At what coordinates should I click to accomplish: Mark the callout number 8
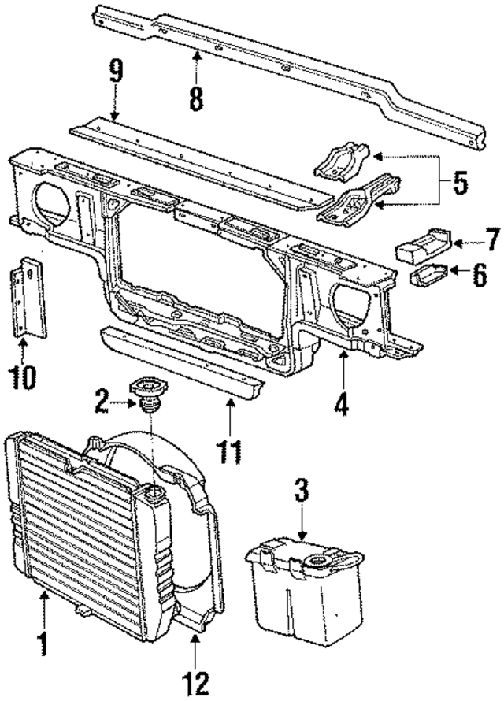tap(195, 98)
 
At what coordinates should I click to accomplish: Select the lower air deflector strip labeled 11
tap(173, 363)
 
